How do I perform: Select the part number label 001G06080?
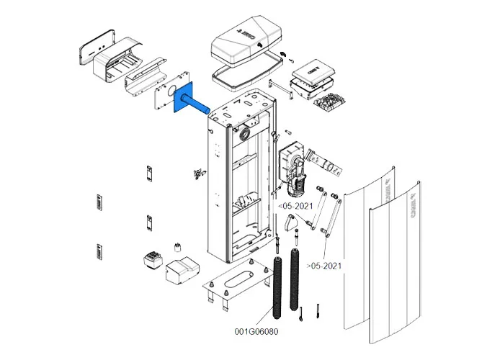click(x=255, y=332)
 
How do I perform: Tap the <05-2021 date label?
click(x=295, y=205)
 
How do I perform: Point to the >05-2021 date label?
click(x=323, y=266)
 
